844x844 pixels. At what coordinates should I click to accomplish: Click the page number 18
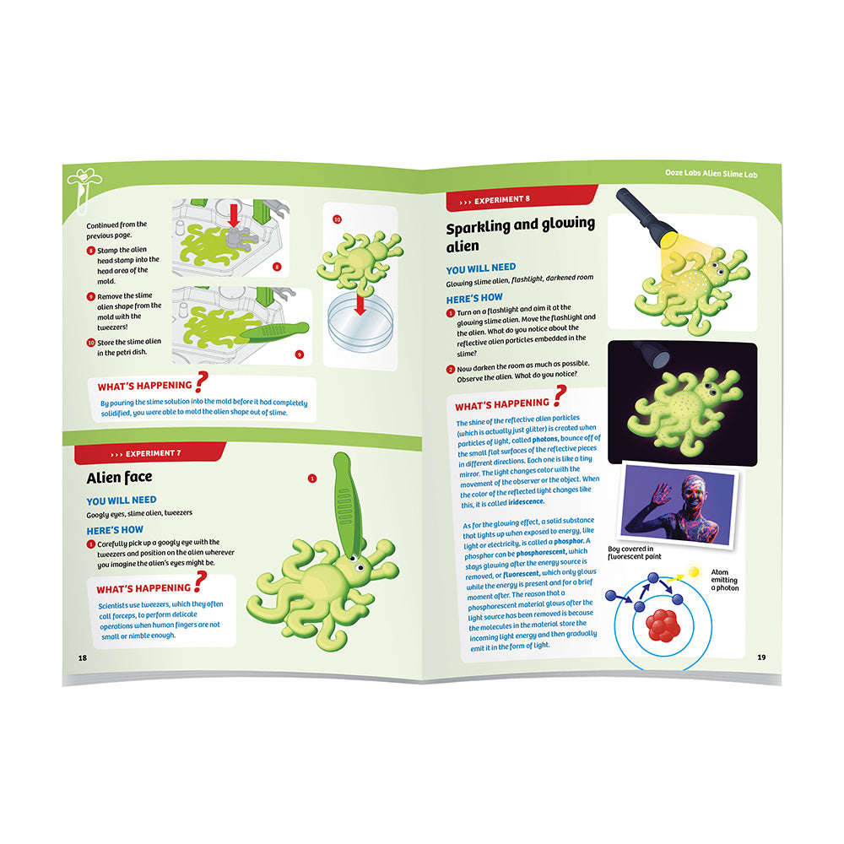tap(83, 657)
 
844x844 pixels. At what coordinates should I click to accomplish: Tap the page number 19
tap(761, 657)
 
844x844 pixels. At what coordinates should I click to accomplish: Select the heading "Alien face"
tap(120, 478)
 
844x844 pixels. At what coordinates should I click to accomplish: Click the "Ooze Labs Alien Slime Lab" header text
tap(711, 173)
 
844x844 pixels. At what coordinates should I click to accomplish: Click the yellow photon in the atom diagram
tap(694, 571)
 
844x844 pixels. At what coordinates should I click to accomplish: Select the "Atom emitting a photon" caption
tap(724, 580)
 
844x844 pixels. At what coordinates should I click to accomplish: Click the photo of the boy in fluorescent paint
tap(679, 505)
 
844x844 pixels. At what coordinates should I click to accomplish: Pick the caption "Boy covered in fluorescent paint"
tap(634, 553)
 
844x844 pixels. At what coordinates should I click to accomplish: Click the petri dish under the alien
tap(360, 323)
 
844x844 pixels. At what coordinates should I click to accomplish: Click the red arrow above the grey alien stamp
tap(234, 215)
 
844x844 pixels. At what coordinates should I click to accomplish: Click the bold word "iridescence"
tap(527, 501)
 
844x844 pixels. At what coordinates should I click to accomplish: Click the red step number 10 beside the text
tap(91, 343)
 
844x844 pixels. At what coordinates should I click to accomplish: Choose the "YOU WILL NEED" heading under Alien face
tap(122, 500)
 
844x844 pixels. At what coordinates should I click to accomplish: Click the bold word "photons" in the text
tap(545, 439)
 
